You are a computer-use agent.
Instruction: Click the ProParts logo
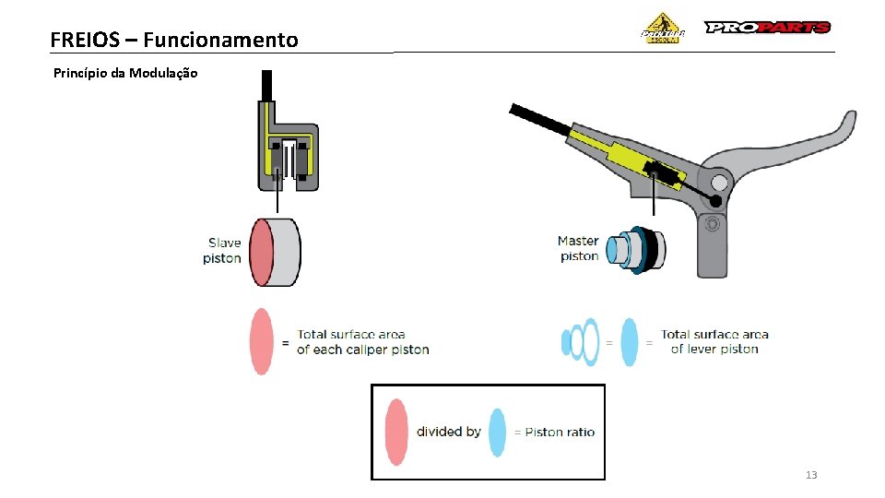(767, 28)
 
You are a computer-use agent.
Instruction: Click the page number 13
(811, 475)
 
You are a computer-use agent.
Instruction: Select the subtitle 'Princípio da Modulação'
(125, 73)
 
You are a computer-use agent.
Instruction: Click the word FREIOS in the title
(86, 40)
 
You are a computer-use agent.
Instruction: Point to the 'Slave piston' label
(222, 251)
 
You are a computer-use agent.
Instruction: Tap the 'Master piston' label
(578, 249)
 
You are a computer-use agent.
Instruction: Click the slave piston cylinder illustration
(277, 252)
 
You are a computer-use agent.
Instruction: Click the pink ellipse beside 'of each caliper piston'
(263, 341)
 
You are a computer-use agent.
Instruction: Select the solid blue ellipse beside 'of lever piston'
(630, 341)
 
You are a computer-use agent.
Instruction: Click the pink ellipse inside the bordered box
(395, 431)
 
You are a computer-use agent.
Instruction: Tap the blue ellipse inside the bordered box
(497, 432)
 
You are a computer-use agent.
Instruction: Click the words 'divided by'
(448, 432)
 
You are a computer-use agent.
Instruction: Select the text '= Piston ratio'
(554, 432)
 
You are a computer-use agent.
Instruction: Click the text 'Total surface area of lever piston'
(714, 341)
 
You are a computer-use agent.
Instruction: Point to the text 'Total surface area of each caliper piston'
(362, 342)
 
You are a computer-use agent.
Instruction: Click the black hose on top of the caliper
(266, 85)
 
